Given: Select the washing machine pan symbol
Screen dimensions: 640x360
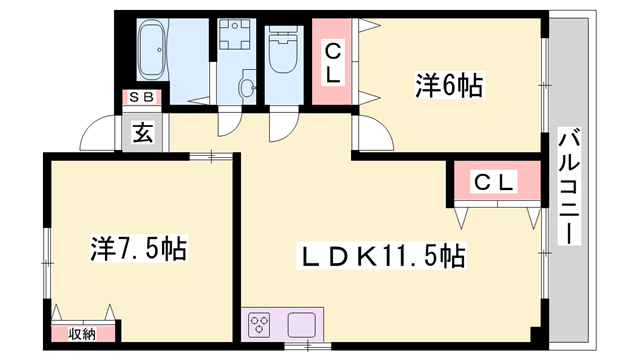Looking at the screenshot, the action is click(237, 40).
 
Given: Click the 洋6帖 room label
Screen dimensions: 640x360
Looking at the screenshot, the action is click(449, 86).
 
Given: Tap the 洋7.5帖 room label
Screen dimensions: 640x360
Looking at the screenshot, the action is click(140, 246).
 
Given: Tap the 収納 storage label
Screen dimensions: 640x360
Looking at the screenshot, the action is click(82, 334).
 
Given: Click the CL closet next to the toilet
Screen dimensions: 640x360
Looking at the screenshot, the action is click(331, 62).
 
